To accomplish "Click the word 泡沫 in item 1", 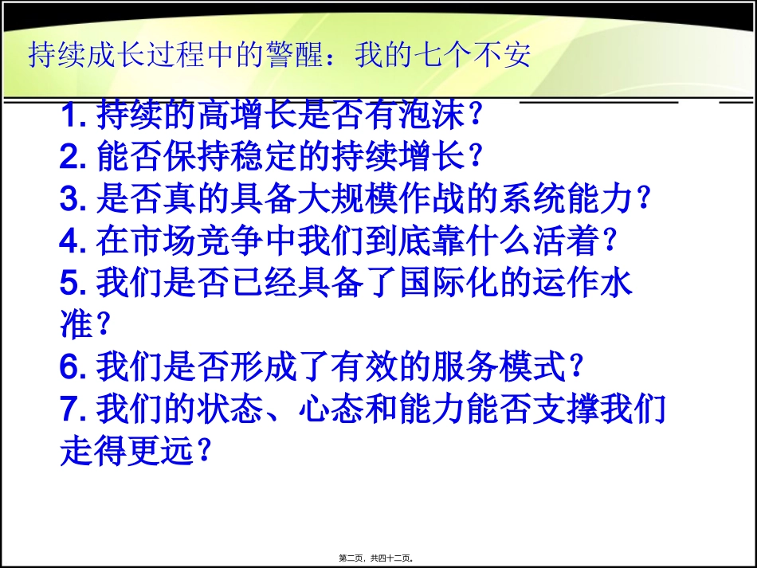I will (x=427, y=116).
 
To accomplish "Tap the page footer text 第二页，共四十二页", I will (x=379, y=558).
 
